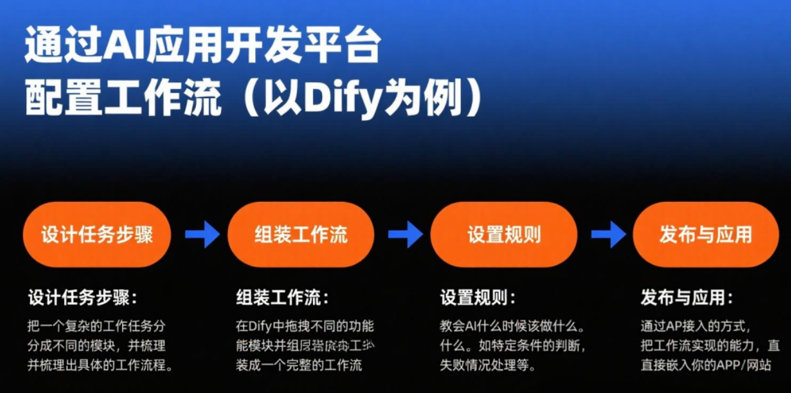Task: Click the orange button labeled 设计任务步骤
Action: pos(97,234)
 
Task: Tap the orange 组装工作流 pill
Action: pos(301,234)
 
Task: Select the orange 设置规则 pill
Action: pos(503,234)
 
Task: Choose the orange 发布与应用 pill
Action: pos(705,234)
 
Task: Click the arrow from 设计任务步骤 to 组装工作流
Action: pos(202,234)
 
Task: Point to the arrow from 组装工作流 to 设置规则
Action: pos(405,234)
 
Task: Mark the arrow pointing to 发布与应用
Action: pos(608,234)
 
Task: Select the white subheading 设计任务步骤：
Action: pos(83,297)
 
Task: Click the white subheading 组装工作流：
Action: pos(283,297)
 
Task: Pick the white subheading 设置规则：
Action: pos(478,297)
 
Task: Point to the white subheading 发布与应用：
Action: pos(687,297)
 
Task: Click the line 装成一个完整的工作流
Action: pos(299,366)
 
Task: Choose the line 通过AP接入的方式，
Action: pos(696,327)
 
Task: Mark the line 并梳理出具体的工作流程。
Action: pos(101,366)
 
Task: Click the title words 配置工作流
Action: pos(123,101)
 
